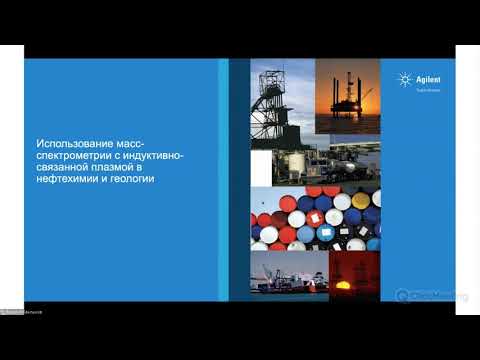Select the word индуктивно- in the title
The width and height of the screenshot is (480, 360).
click(164, 157)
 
